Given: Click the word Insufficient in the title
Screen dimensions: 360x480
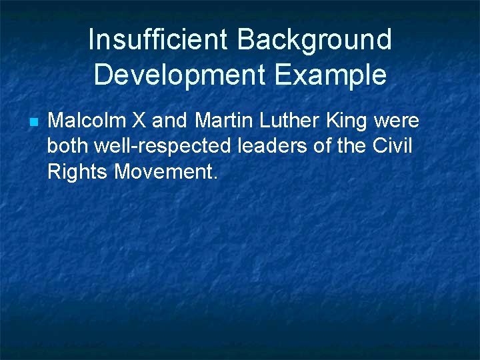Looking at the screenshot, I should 157,40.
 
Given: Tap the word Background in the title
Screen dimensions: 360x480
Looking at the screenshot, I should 315,40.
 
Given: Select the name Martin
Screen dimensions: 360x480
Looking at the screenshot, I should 225,121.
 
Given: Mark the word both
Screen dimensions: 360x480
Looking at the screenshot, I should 67,147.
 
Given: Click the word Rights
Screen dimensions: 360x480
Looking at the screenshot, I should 77,172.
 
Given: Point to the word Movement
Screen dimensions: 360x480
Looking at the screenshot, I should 165,172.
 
